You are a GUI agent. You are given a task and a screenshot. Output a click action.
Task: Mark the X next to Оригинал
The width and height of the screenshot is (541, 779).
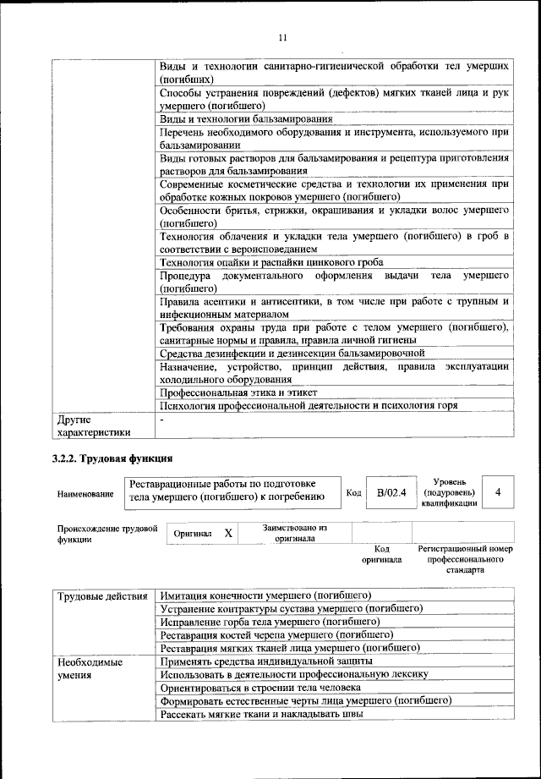coord(228,534)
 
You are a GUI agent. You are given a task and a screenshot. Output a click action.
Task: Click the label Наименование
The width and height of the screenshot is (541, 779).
coord(85,493)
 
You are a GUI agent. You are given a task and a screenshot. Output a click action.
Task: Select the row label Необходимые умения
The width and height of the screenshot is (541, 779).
coord(85,669)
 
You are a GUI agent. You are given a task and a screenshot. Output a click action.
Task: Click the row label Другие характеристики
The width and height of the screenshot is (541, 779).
coord(93,425)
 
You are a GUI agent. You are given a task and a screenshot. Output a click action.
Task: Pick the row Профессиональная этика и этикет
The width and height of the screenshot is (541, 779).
coord(238,392)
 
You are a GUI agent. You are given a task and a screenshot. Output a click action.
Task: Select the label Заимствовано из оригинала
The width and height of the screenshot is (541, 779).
coord(294,532)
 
